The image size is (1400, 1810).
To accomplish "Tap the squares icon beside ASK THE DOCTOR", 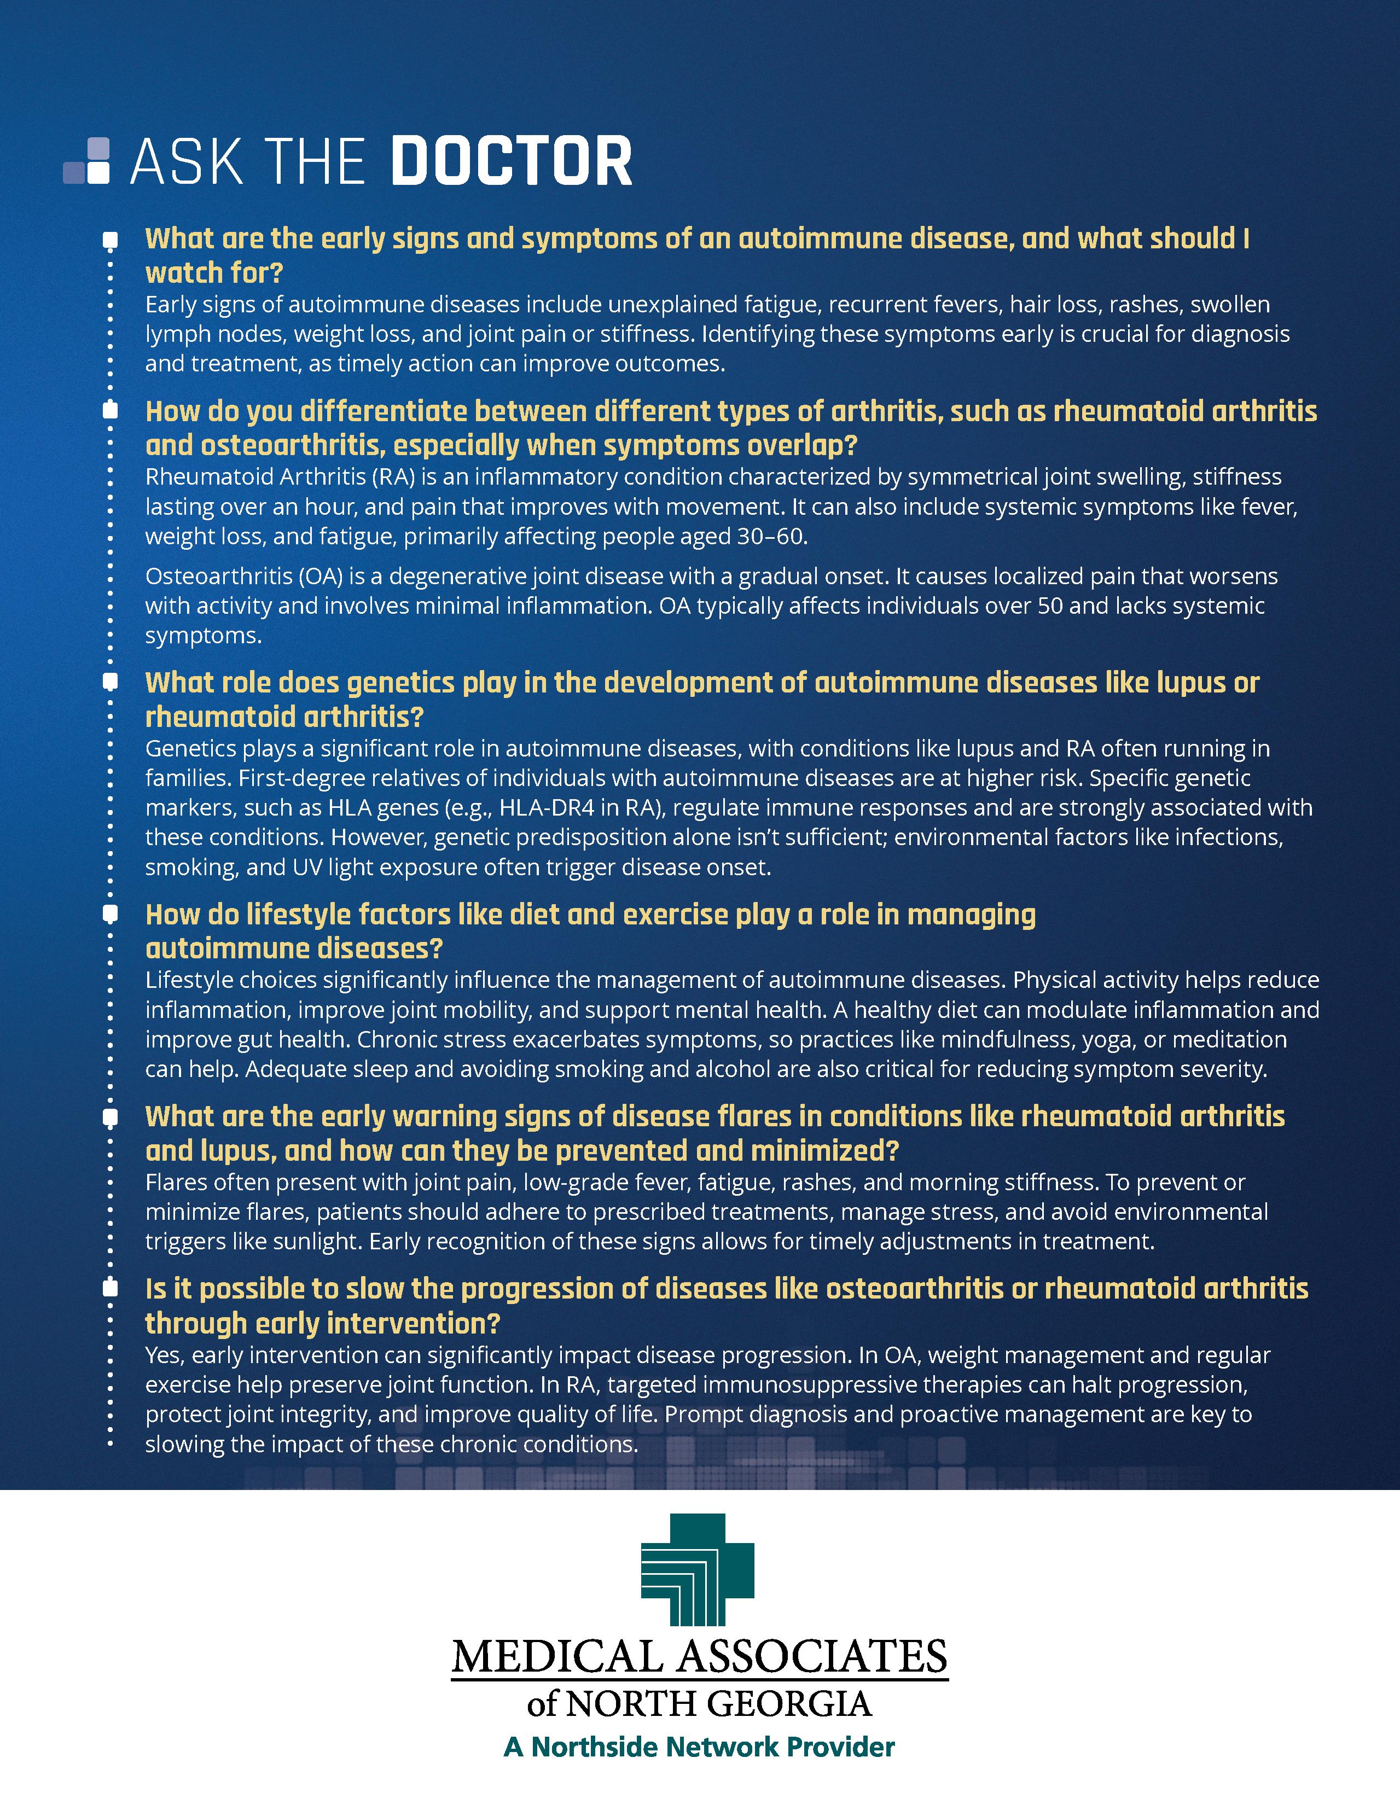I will point(88,161).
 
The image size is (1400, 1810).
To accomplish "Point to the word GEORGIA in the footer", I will point(801,1704).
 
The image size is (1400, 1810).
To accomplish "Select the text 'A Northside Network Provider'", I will point(699,1747).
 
